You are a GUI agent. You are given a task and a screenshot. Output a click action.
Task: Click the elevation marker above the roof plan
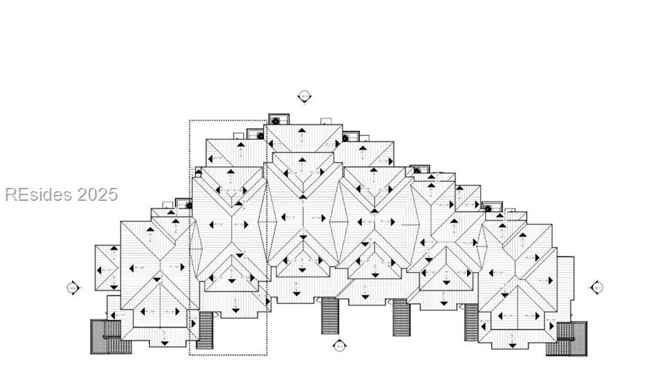tap(304, 97)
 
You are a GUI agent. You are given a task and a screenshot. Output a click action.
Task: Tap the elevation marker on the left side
tap(73, 287)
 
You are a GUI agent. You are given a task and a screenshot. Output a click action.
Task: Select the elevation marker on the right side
tap(597, 287)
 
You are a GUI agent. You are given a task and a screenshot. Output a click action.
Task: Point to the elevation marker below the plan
tap(340, 346)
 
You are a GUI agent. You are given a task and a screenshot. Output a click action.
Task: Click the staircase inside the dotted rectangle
tap(205, 330)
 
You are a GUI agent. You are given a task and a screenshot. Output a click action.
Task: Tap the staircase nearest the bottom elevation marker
tap(330, 315)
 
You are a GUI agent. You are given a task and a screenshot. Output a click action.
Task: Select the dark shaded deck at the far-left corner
tap(102, 335)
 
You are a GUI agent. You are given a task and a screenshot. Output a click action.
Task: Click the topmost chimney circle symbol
tap(276, 120)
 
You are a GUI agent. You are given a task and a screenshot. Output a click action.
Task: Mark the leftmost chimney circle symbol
tap(189, 205)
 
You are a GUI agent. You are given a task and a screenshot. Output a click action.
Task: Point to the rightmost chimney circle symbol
tap(488, 208)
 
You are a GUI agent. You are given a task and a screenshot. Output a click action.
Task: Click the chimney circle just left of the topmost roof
tap(260, 136)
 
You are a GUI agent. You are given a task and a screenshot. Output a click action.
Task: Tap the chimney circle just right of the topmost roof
tap(345, 137)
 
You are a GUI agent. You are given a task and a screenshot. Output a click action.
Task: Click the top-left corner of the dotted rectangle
tap(189, 120)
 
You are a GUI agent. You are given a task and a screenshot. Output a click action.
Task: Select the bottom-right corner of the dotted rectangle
tap(267, 355)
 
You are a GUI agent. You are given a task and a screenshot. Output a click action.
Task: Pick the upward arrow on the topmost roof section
tap(302, 130)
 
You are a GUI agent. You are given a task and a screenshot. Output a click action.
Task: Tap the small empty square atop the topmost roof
tap(326, 120)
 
